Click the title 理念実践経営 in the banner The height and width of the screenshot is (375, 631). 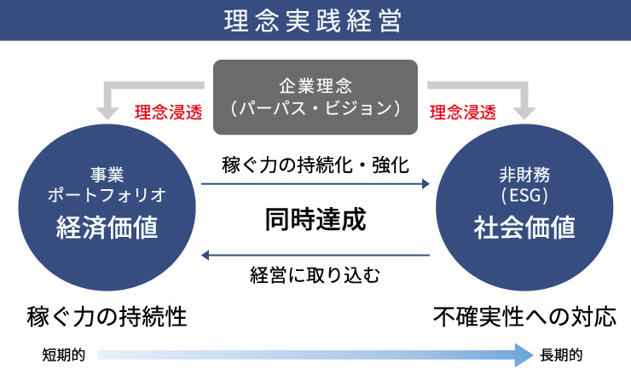(x=313, y=20)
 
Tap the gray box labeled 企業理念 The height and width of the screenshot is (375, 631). (x=315, y=97)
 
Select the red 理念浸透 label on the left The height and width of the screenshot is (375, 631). (x=168, y=112)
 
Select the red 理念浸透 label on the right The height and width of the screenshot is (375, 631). (x=463, y=112)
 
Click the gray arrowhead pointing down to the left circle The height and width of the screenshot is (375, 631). (x=107, y=112)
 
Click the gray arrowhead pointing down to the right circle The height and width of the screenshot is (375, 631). (x=524, y=112)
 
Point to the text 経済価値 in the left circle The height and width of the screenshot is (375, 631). (x=107, y=228)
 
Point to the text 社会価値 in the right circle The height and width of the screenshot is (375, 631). (x=524, y=228)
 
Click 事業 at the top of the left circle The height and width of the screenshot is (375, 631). (x=107, y=175)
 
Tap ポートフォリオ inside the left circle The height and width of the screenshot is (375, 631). (x=107, y=195)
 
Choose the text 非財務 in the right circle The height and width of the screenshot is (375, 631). (x=524, y=175)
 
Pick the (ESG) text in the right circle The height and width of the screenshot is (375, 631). (x=524, y=195)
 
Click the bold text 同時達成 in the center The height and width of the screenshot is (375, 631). (x=315, y=219)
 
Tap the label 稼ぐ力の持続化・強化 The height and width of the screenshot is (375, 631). (x=315, y=165)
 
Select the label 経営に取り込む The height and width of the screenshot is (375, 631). (x=315, y=275)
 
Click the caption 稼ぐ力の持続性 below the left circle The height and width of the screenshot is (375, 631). (x=107, y=317)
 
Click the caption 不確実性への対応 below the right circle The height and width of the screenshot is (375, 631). (x=524, y=317)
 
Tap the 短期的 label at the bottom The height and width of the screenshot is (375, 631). (x=64, y=355)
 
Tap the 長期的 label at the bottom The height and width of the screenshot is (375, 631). (x=561, y=355)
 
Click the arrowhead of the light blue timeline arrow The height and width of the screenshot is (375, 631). (x=524, y=355)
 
